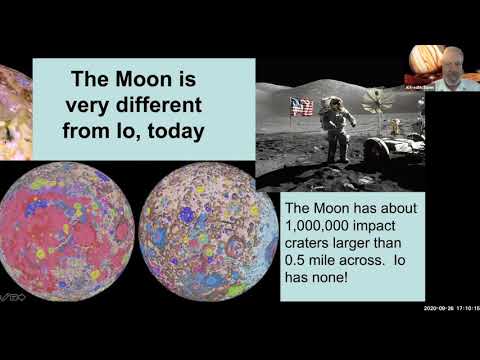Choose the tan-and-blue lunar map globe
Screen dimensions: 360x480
(201, 239)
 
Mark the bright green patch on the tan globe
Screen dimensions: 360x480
(236, 291)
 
